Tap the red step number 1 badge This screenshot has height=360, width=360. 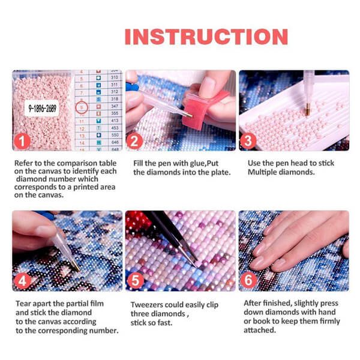(x=22, y=142)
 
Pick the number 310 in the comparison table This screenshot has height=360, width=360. (x=114, y=78)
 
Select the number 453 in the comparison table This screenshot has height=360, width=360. (x=114, y=128)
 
